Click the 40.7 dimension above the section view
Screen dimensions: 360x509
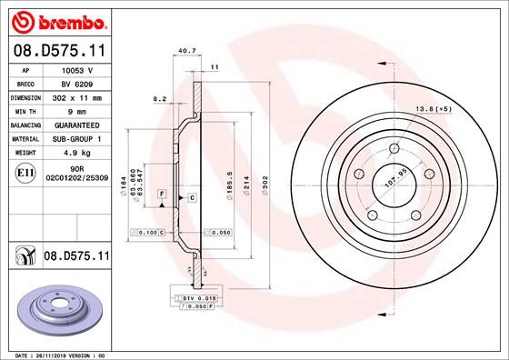tap(186, 52)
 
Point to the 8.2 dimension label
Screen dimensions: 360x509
tap(160, 97)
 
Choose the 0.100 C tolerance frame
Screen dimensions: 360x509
tap(147, 234)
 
